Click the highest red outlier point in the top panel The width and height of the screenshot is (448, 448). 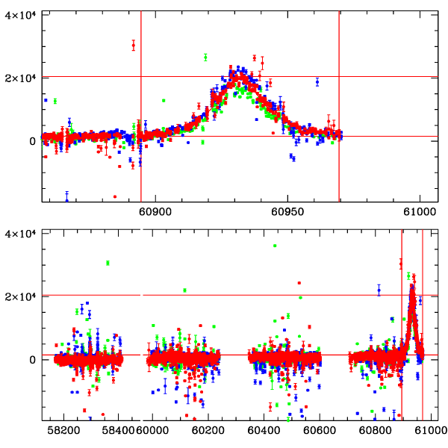tap(133, 46)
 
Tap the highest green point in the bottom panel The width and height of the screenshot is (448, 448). tap(275, 246)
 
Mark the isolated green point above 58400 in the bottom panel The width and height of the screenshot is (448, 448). tap(108, 263)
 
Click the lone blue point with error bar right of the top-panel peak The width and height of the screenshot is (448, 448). tap(317, 81)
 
